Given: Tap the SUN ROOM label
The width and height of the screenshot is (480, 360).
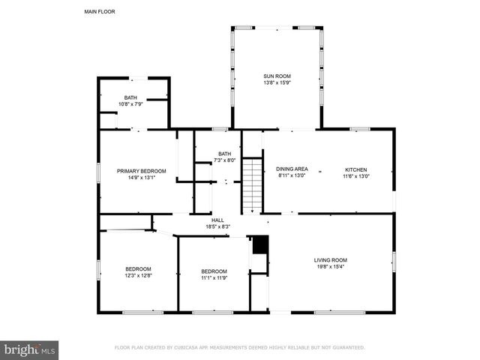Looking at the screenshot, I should pos(277,76).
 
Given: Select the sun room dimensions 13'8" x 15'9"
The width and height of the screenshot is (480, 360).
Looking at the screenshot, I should pos(277,82).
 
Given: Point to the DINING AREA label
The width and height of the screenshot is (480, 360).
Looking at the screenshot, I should pos(292,169).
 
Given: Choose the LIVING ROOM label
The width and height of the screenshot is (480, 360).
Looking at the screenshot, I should pos(330,260).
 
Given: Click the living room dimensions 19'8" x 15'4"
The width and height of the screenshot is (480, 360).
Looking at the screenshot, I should pos(330,266).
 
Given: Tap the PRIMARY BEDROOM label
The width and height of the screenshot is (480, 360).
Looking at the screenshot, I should pos(141,171).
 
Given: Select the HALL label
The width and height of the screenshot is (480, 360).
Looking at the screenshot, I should pos(217,220).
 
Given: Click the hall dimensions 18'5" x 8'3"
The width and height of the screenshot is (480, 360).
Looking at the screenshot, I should pos(217,226).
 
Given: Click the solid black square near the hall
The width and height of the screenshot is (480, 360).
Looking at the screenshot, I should pos(260,244).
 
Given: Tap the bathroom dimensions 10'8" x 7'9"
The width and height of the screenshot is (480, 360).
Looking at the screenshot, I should pos(130,103).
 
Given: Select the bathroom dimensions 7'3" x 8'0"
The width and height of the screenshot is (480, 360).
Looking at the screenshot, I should pos(225,160).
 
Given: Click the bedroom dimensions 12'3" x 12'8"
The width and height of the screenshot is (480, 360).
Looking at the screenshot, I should pos(138,275).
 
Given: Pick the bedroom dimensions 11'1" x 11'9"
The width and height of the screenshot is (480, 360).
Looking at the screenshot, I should pos(214,277).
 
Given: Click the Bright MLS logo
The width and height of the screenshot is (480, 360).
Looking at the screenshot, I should pos(30,349).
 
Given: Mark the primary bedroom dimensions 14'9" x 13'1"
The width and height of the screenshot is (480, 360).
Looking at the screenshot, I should pos(141,177).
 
